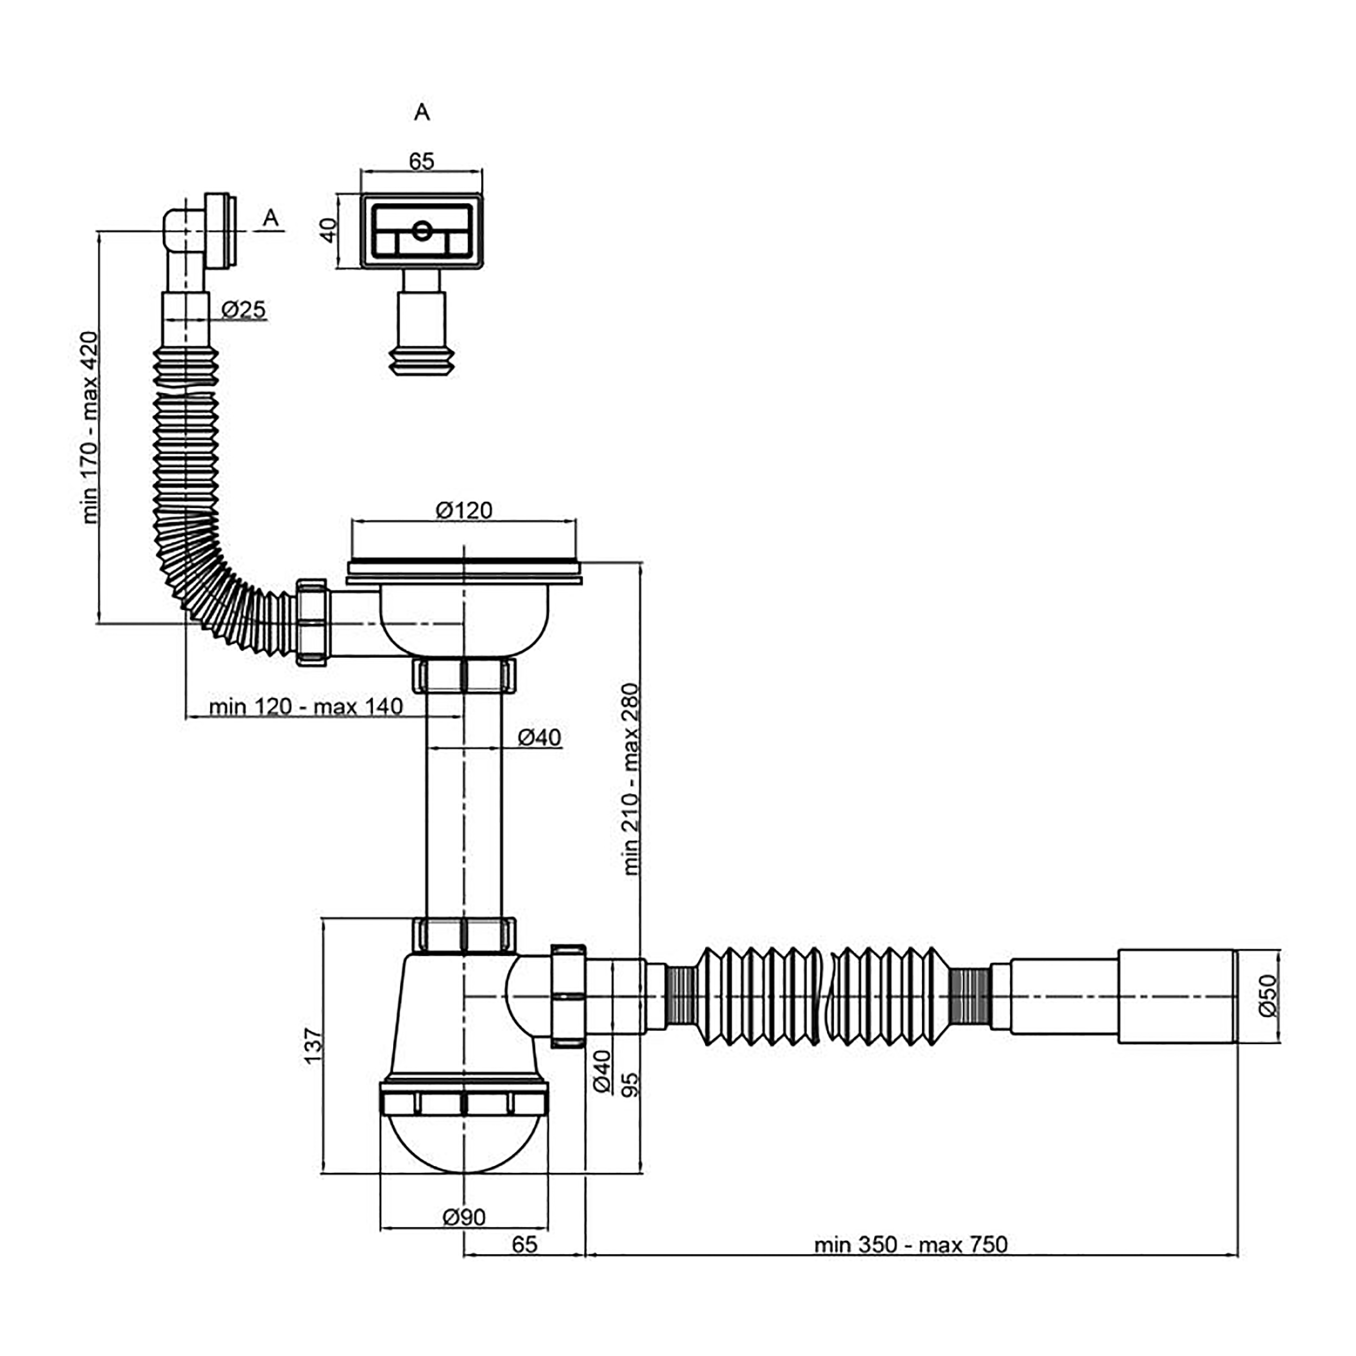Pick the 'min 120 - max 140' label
[x=306, y=706]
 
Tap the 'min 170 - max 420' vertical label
[x=91, y=427]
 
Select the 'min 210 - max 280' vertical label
[x=632, y=779]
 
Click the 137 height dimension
[x=313, y=1045]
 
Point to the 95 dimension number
[x=630, y=1084]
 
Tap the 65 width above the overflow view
[x=421, y=162]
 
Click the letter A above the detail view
[x=421, y=112]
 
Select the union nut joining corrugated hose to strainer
[x=312, y=623]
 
